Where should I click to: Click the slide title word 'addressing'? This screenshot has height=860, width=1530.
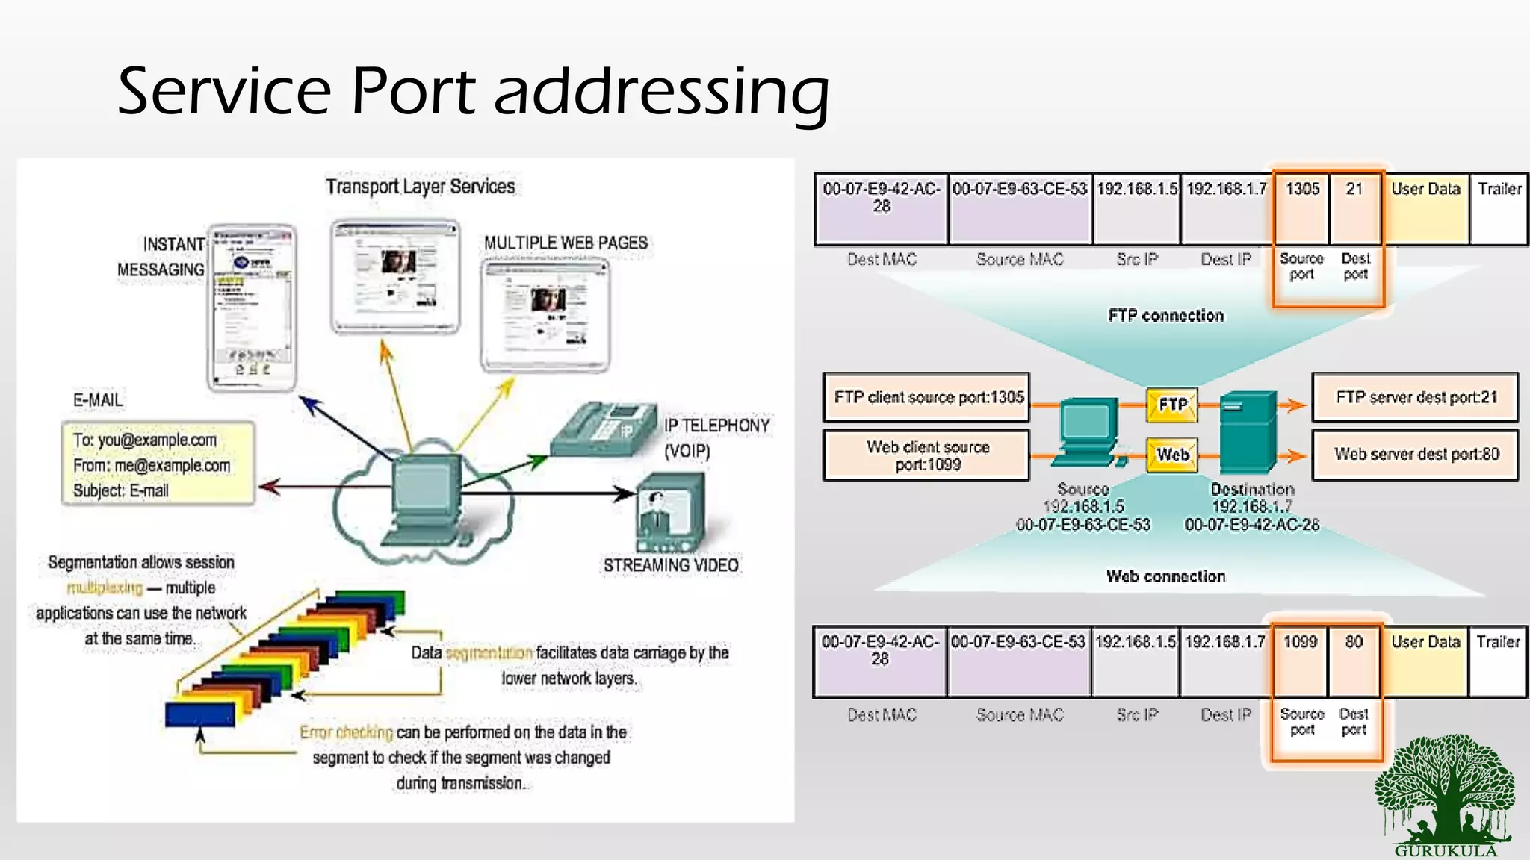pos(661,92)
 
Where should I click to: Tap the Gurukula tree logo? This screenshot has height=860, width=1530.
pos(1446,795)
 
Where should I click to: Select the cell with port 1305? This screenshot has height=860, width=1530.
pos(1301,208)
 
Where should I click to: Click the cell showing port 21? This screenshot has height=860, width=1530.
pos(1354,208)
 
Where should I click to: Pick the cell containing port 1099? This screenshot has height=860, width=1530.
pos(1300,661)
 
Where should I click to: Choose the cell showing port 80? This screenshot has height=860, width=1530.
pos(1354,661)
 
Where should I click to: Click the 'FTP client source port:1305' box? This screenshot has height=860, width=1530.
pos(927,398)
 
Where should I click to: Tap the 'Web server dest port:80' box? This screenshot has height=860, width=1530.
pos(1416,455)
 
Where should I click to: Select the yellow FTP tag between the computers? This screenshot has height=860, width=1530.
pos(1172,405)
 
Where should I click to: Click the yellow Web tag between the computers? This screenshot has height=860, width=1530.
pos(1172,455)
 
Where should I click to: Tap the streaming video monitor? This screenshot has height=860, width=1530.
pos(670,514)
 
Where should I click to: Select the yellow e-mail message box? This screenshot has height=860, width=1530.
pos(158,464)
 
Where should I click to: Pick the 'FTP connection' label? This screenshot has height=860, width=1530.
pos(1165,316)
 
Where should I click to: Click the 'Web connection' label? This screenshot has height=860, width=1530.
pos(1165,576)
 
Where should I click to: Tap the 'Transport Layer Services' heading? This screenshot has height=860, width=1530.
pos(420,187)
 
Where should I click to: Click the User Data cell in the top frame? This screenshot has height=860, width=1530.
pos(1425,208)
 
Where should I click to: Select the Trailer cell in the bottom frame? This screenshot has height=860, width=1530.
pos(1497,661)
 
